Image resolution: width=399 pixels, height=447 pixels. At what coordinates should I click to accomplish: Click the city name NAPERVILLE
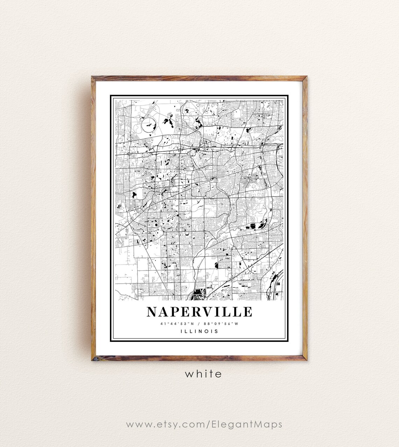point(199,312)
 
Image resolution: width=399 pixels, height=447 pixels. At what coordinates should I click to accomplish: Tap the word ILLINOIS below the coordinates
point(199,331)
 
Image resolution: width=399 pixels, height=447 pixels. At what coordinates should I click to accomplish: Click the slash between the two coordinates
point(198,324)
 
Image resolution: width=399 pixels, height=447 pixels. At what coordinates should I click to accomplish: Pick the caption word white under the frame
point(203,374)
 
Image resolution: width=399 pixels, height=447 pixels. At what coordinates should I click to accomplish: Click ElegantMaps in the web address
point(247,424)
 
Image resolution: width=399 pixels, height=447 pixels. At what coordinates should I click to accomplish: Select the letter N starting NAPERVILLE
point(152,312)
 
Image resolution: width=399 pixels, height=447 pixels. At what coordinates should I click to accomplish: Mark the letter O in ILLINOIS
point(206,331)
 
